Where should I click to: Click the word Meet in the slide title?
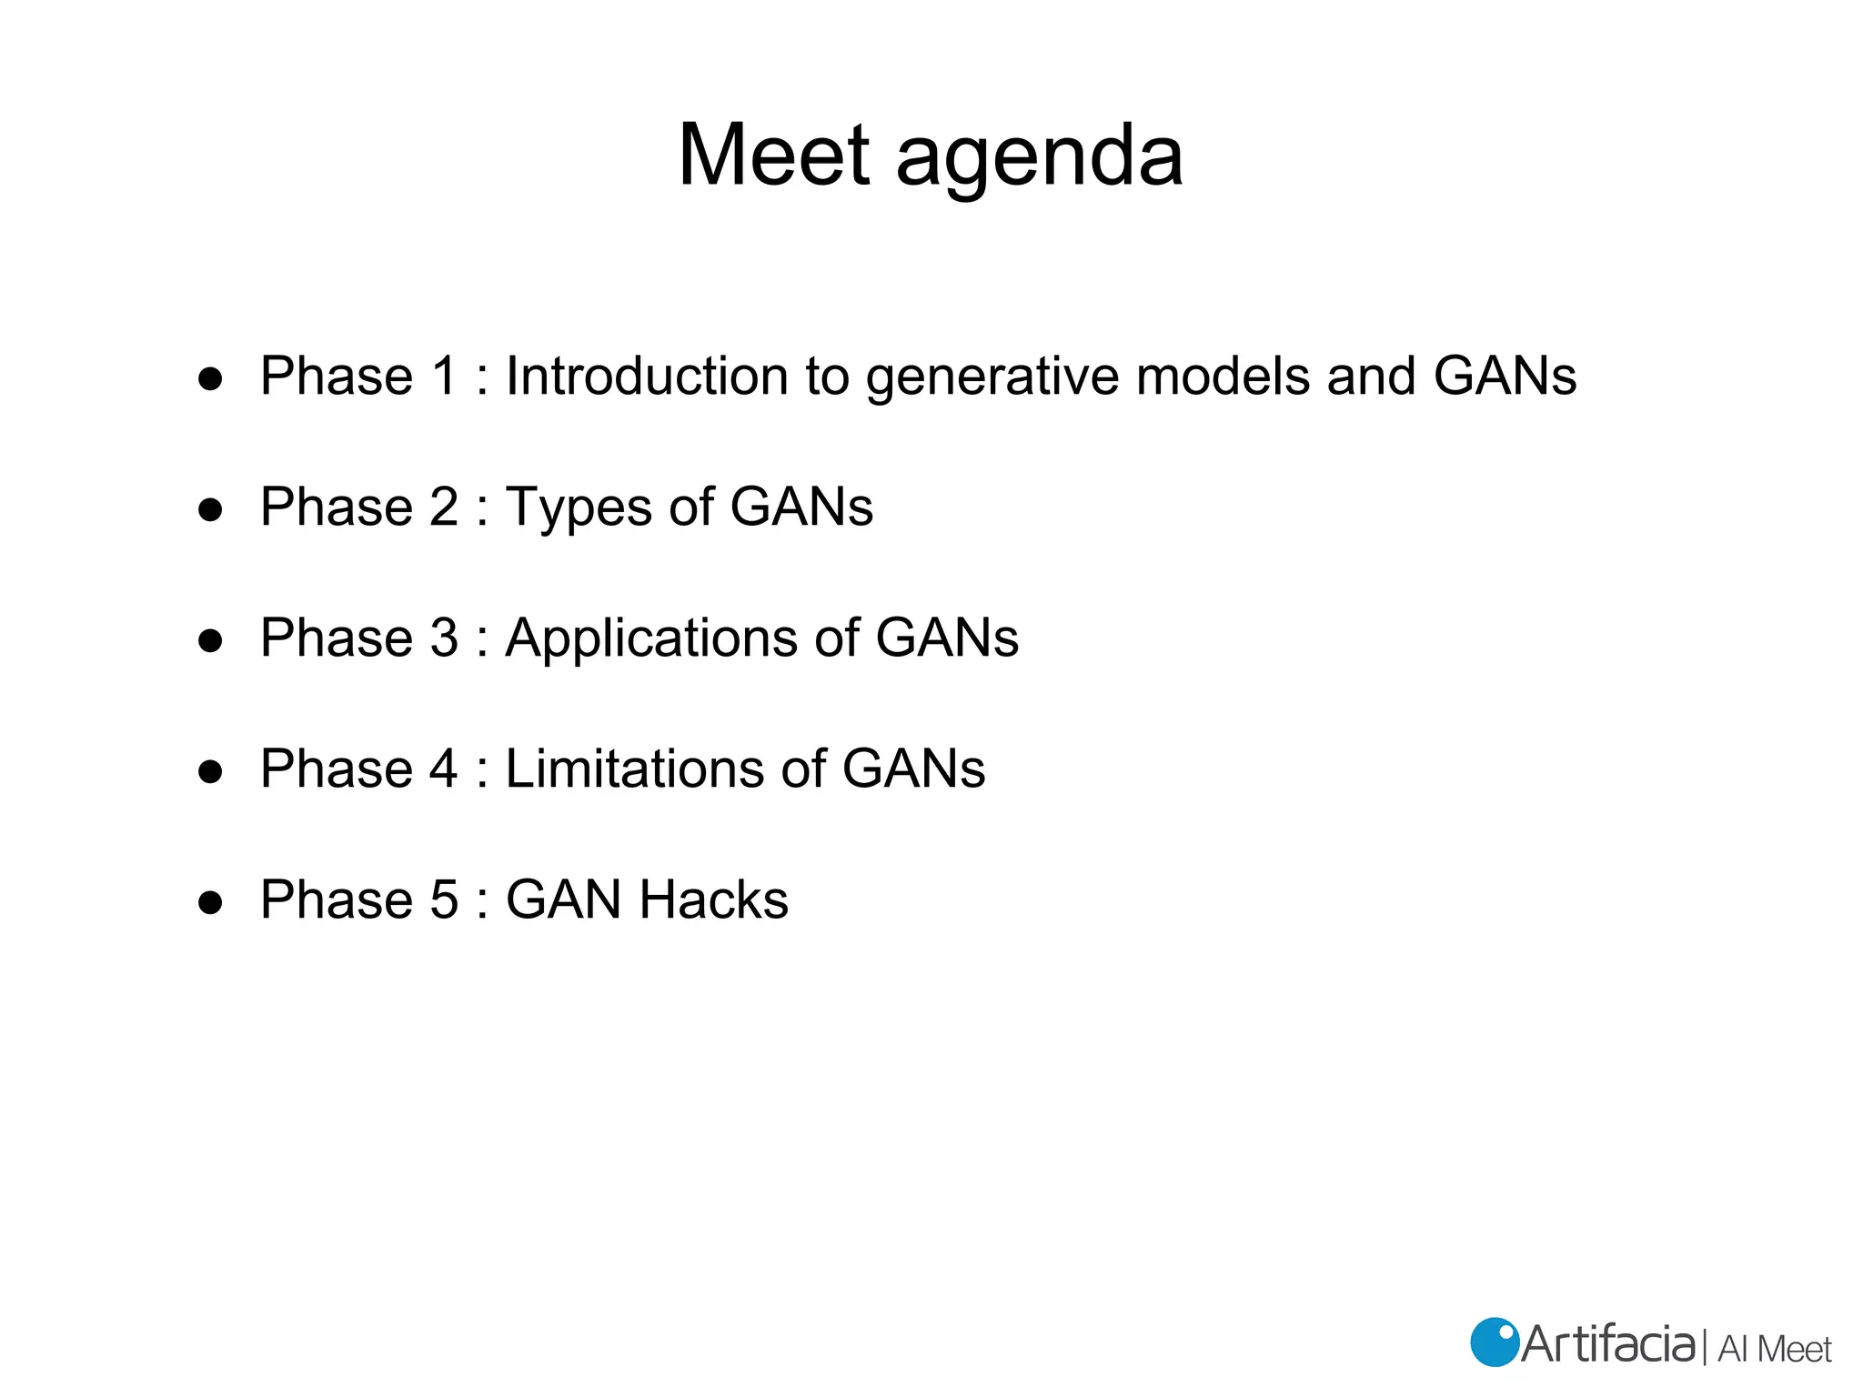coord(773,156)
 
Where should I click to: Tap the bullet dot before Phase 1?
coord(210,379)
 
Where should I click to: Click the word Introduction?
coord(646,376)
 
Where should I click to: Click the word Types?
coord(578,508)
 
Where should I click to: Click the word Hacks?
coord(713,900)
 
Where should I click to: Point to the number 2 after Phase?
coord(444,507)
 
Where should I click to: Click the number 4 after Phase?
coord(444,769)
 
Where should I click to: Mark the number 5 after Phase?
coord(444,900)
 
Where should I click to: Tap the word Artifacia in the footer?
coord(1607,1343)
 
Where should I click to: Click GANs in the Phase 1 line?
coord(1505,376)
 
